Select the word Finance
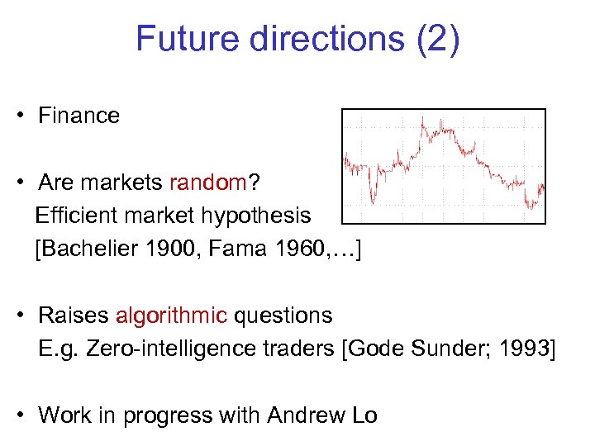(79, 116)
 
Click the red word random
(207, 182)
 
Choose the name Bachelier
(91, 249)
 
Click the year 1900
(177, 249)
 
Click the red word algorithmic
(171, 316)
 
